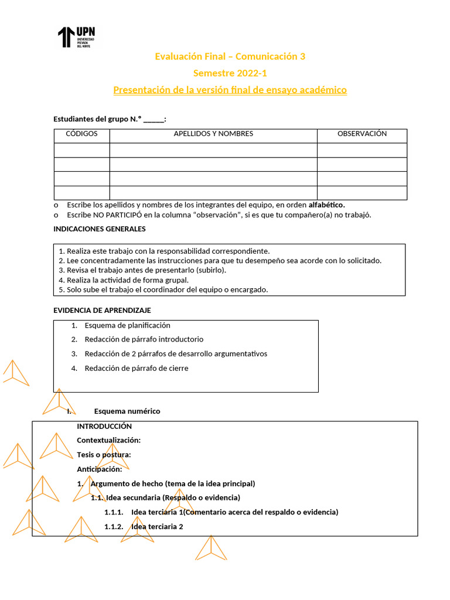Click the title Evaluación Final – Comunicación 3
230,57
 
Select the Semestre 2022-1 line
230,73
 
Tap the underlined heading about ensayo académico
230,90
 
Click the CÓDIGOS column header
81,134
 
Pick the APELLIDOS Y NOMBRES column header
213,134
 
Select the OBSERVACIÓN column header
362,134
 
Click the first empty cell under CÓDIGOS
81,150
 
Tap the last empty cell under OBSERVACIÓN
362,193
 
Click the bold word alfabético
326,204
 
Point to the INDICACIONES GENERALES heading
99,229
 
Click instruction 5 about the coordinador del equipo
163,289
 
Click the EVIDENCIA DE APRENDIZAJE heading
102,311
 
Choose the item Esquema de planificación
127,325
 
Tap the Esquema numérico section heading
127,411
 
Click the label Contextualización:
108,441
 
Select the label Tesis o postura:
104,455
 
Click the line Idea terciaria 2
157,527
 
